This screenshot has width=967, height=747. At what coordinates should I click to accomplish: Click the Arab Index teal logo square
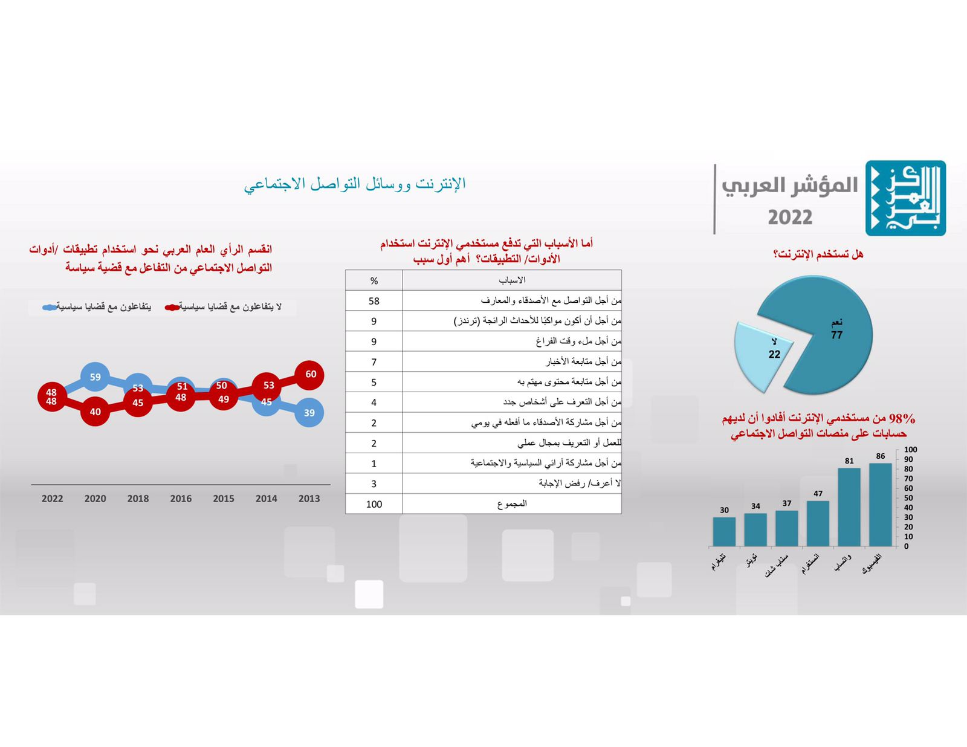click(x=905, y=198)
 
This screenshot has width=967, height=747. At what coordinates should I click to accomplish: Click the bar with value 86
click(x=880, y=505)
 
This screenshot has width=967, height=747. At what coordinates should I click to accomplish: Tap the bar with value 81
click(x=849, y=507)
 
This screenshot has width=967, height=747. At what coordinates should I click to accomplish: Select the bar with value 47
click(x=818, y=523)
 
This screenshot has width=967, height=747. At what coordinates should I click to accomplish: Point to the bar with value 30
click(x=724, y=532)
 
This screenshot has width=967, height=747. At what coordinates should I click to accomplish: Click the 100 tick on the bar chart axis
click(x=910, y=450)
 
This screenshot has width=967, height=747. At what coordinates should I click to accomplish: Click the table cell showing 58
click(x=374, y=301)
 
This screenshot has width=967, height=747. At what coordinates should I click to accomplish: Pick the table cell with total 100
click(x=374, y=504)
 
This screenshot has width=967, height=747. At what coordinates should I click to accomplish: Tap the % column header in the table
click(x=374, y=281)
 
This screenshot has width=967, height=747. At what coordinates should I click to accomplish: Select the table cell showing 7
click(x=374, y=361)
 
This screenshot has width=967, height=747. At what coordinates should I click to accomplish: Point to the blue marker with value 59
click(x=95, y=377)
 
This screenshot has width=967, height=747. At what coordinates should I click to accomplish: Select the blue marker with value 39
click(x=309, y=413)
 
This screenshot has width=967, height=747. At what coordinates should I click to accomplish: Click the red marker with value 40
click(x=95, y=412)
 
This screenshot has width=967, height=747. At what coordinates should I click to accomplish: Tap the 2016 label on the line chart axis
click(x=181, y=499)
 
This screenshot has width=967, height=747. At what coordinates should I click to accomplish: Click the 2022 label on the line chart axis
click(x=52, y=499)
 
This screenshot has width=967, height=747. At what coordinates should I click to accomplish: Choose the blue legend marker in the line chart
click(x=50, y=307)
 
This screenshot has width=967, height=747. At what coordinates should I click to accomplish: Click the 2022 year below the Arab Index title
click(x=790, y=218)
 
